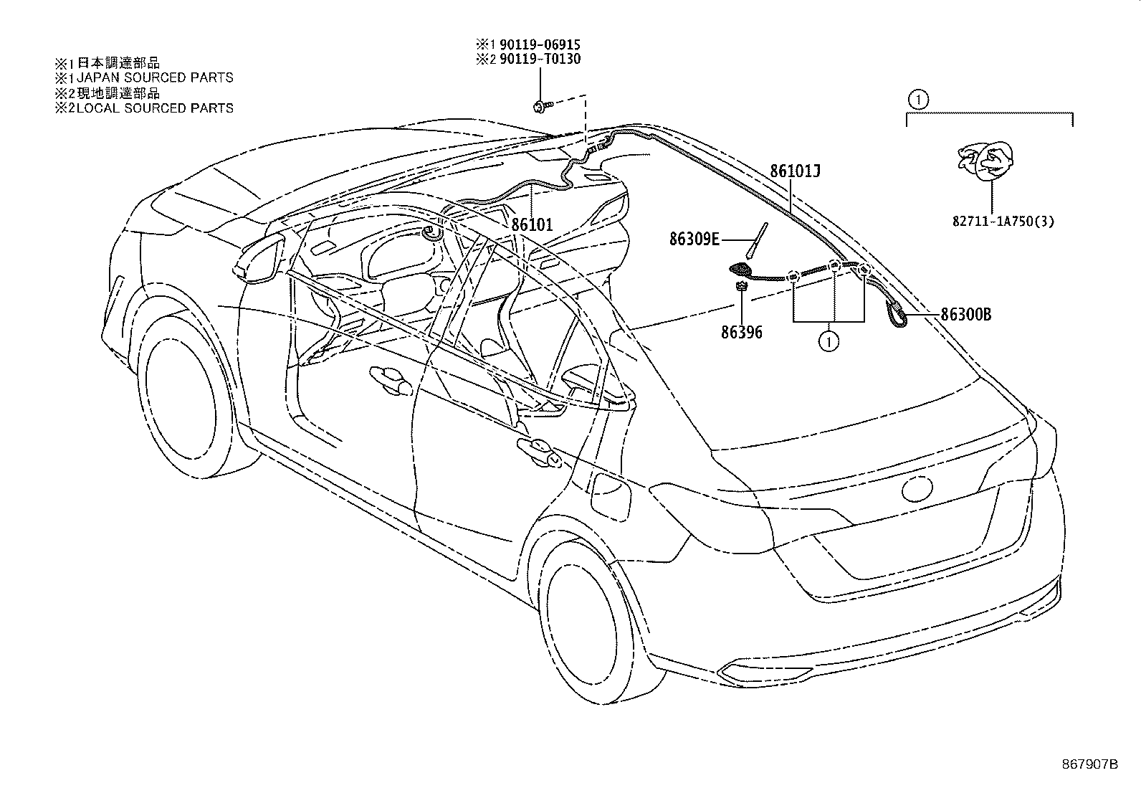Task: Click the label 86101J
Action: coord(795,172)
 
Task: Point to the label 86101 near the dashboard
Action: coord(532,224)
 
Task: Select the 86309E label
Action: coord(694,239)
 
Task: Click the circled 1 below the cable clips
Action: coord(829,342)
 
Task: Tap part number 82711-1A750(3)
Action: coord(1003,222)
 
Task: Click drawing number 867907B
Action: coord(1089,764)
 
